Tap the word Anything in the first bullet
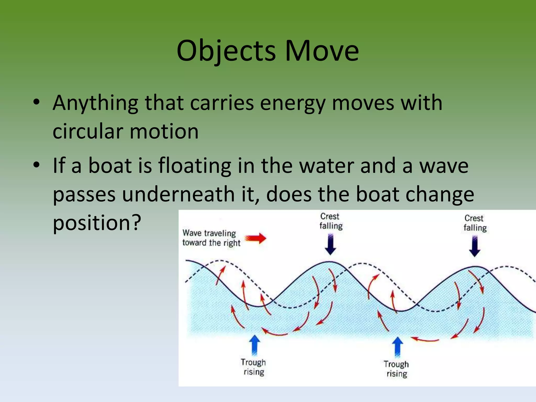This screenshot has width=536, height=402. click(95, 103)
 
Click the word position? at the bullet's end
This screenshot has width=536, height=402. click(97, 223)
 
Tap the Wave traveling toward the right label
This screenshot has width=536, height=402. click(211, 238)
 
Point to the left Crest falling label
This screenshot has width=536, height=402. click(331, 221)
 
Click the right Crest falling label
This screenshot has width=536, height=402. click(475, 223)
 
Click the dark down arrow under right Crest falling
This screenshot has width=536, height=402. click(474, 247)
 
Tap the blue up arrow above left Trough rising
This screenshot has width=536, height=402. click(254, 345)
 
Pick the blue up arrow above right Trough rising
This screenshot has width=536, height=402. click(398, 347)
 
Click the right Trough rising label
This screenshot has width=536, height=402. click(396, 369)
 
